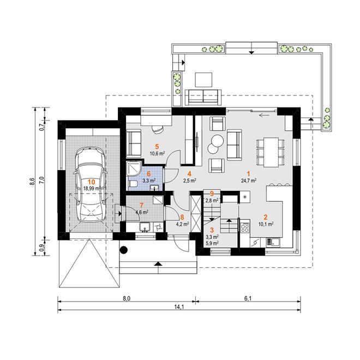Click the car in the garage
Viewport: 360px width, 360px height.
[x=91, y=184]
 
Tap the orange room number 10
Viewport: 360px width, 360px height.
[x=92, y=182]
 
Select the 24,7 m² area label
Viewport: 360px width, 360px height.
[x=249, y=181]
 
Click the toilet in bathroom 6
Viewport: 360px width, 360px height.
[x=133, y=184]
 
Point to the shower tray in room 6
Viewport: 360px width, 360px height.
[x=134, y=169]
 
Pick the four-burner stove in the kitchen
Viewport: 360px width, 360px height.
[x=245, y=227]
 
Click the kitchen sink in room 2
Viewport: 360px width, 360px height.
[x=273, y=242]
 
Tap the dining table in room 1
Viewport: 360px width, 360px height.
[x=271, y=152]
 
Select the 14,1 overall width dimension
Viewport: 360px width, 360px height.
[x=179, y=307]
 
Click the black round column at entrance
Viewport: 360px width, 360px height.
[x=123, y=250]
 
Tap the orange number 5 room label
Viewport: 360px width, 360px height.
[x=157, y=147]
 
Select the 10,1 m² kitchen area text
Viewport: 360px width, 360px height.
[x=266, y=224]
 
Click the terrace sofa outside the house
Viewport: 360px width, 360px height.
[x=203, y=98]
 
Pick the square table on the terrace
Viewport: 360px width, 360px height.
[x=203, y=80]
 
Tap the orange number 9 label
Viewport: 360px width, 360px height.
[x=212, y=194]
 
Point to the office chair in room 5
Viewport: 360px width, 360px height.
[x=158, y=130]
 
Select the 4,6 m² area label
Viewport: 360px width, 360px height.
[x=142, y=212]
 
